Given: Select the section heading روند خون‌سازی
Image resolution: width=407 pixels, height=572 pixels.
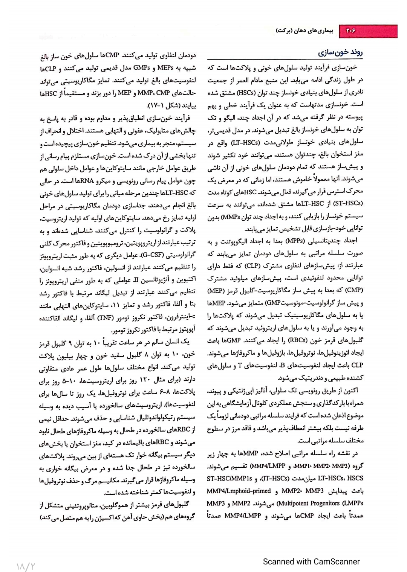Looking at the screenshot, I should coord(340,53).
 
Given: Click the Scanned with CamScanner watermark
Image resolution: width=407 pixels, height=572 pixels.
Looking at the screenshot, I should coord(311,561).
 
